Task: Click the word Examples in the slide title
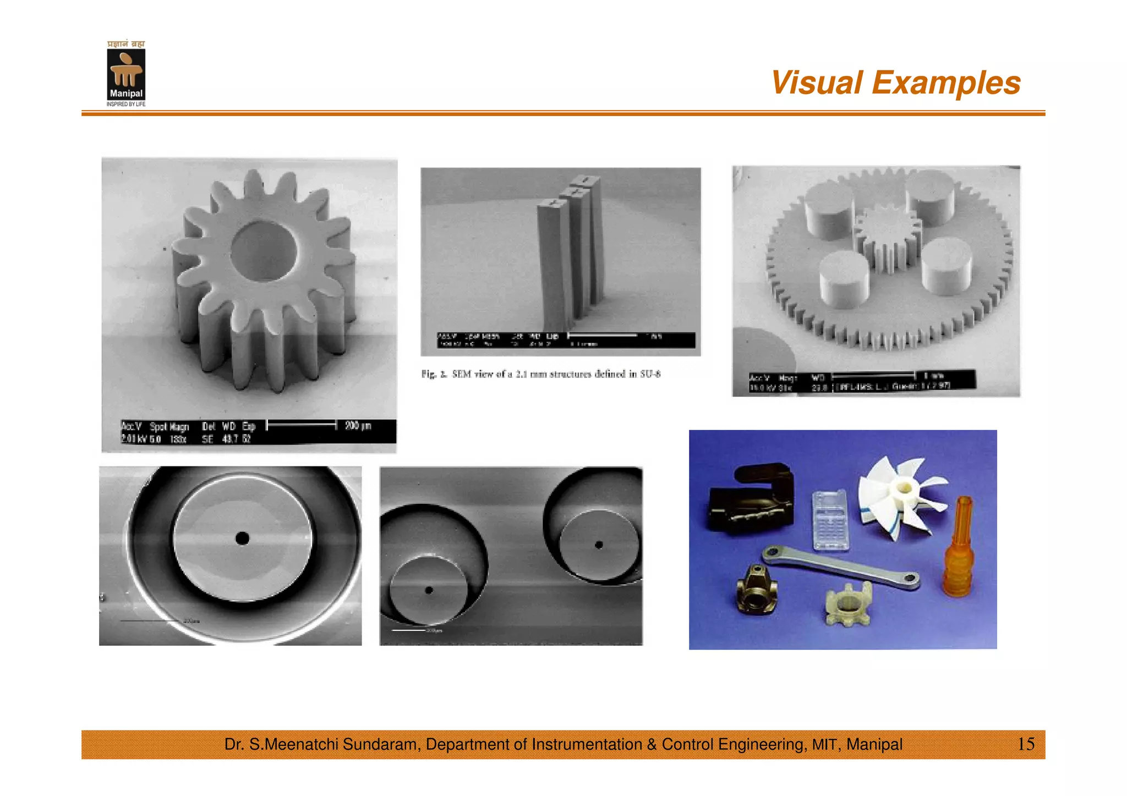[946, 83]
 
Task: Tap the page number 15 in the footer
[1026, 744]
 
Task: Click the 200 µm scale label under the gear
[358, 425]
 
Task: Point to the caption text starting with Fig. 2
[540, 374]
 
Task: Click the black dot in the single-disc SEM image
[242, 538]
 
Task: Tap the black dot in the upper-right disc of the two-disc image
[599, 545]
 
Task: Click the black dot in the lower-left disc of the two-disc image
[429, 590]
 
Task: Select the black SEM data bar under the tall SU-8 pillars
[566, 340]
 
